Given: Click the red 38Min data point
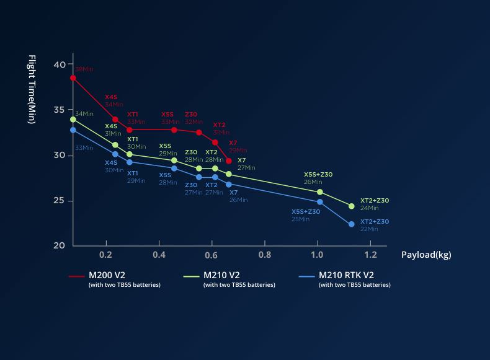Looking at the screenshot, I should [x=73, y=78].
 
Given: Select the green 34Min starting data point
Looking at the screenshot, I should [x=73, y=119].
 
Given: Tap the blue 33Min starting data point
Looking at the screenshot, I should [x=73, y=130].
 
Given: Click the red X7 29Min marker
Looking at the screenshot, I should [x=229, y=161].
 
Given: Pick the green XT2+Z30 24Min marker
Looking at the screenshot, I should [x=352, y=206].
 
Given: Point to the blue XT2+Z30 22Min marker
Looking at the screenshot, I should [x=352, y=224].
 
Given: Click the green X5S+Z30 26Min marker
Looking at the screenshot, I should [x=320, y=192].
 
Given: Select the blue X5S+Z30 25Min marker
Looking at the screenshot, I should [x=320, y=202].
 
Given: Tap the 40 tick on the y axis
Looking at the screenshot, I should [x=60, y=64].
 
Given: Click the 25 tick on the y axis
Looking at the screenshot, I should [x=60, y=200].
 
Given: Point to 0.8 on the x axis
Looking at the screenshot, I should [x=265, y=255].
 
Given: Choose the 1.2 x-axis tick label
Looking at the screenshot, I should [x=370, y=255].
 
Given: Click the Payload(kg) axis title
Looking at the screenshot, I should [x=426, y=255].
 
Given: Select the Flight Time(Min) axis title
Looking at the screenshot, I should [x=32, y=89].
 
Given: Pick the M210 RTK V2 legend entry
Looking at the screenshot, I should [x=355, y=276].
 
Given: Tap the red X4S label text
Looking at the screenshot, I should [x=111, y=97].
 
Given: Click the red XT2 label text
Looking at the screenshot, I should [x=219, y=125].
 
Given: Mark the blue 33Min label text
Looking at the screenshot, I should [x=84, y=148].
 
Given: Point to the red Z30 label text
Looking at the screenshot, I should [x=191, y=115].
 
